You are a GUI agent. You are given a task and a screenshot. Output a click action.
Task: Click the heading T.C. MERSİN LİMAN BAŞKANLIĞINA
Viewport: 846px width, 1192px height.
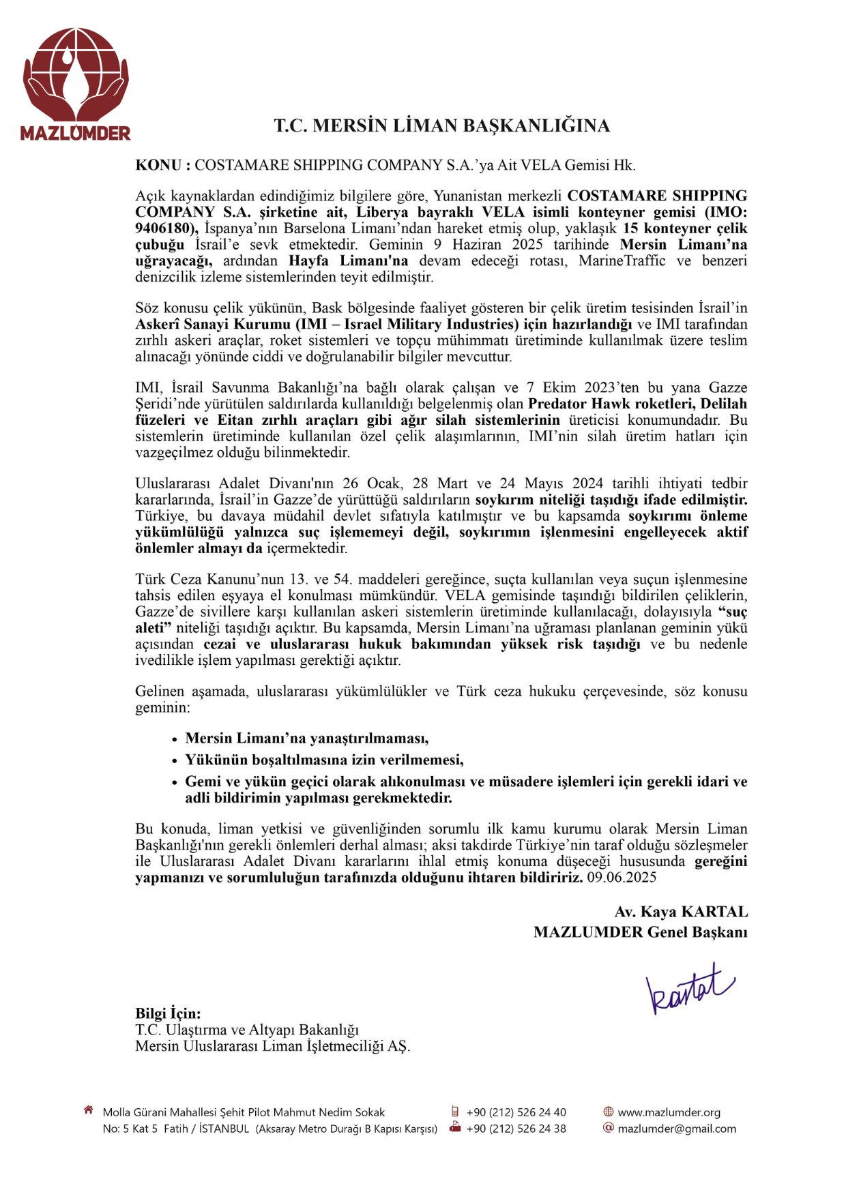pyautogui.click(x=441, y=125)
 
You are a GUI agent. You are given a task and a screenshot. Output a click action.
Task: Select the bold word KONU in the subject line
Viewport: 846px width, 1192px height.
pyautogui.click(x=158, y=165)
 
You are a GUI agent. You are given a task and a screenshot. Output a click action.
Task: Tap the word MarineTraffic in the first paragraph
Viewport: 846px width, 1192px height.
pyautogui.click(x=622, y=260)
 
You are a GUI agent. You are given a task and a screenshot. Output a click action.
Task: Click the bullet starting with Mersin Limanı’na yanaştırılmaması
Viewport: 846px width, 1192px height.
pyautogui.click(x=307, y=738)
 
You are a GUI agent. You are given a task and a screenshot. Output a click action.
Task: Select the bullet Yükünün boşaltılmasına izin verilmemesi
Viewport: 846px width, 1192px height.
pyautogui.click(x=324, y=760)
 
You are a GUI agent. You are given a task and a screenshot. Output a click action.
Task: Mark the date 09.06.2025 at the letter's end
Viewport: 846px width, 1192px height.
pyautogui.click(x=621, y=878)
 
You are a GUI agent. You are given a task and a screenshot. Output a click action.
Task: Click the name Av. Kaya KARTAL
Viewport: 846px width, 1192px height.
pyautogui.click(x=681, y=912)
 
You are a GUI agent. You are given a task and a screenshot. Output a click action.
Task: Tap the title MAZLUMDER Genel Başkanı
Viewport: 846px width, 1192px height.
pyautogui.click(x=640, y=932)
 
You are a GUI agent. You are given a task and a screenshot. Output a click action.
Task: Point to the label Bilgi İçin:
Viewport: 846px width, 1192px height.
pyautogui.click(x=168, y=1013)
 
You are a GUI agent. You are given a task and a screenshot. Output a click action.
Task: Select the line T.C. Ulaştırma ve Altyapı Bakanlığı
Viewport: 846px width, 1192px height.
pyautogui.click(x=247, y=1030)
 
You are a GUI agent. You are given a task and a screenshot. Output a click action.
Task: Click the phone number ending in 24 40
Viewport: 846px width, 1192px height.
pyautogui.click(x=516, y=1112)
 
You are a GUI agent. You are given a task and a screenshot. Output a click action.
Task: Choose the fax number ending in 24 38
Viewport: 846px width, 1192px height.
pyautogui.click(x=516, y=1129)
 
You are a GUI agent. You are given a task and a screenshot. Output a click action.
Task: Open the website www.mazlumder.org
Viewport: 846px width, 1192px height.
pyautogui.click(x=669, y=1112)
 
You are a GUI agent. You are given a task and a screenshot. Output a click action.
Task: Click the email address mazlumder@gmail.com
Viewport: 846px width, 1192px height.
pyautogui.click(x=677, y=1129)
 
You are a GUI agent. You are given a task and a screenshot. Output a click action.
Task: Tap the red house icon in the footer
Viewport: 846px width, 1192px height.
pyautogui.click(x=88, y=1111)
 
